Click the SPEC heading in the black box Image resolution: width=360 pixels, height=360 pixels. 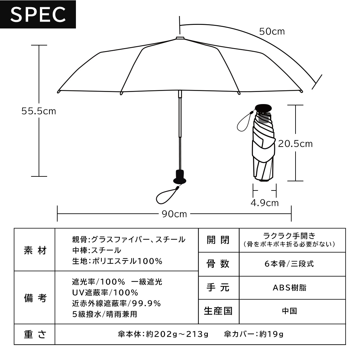click(38, 14)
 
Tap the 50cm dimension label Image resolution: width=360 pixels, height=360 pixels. click(272, 31)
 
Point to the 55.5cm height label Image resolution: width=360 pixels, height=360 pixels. click(39, 111)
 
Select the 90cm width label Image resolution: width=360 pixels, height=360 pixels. click(174, 214)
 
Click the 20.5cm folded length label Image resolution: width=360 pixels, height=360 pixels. click(296, 144)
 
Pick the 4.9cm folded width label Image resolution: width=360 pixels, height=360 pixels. click(265, 203)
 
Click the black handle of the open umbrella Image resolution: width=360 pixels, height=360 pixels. click(180, 177)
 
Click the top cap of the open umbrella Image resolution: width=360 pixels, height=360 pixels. click(180, 38)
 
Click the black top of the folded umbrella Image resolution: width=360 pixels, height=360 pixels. click(263, 108)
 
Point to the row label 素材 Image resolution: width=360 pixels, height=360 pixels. click(35, 250)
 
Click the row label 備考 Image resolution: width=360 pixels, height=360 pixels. click(35, 298)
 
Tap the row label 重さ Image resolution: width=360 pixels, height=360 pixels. click(35, 334)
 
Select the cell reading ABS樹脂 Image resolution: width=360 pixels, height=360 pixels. click(290, 288)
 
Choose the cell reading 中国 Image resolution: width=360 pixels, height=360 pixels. click(290, 311)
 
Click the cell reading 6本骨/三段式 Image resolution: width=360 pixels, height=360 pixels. click(289, 264)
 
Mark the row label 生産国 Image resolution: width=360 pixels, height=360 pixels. click(218, 311)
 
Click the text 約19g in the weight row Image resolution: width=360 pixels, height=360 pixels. click(271, 334)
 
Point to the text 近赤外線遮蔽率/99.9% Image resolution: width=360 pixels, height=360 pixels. click(117, 303)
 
